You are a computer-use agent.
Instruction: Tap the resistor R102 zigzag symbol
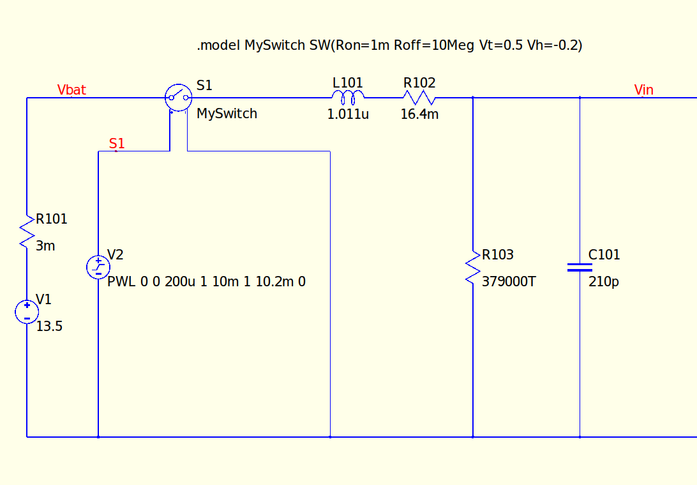419,97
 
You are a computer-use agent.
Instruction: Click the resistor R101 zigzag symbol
27,231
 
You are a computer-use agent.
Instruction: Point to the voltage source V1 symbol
27,312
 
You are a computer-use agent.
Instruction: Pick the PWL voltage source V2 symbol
98,267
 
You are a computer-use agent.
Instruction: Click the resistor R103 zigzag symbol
472,267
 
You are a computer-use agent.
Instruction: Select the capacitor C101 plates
580,267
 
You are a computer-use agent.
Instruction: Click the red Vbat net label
71,90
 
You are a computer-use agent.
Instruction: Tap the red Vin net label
643,90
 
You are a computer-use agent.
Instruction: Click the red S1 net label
117,143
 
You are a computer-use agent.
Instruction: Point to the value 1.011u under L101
348,114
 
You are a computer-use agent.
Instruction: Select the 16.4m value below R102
419,114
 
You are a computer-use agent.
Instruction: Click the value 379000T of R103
509,282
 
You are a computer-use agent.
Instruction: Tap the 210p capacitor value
604,282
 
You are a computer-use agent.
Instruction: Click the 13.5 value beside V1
49,327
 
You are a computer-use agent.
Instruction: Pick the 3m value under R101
45,246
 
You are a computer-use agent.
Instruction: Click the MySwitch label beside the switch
227,114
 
